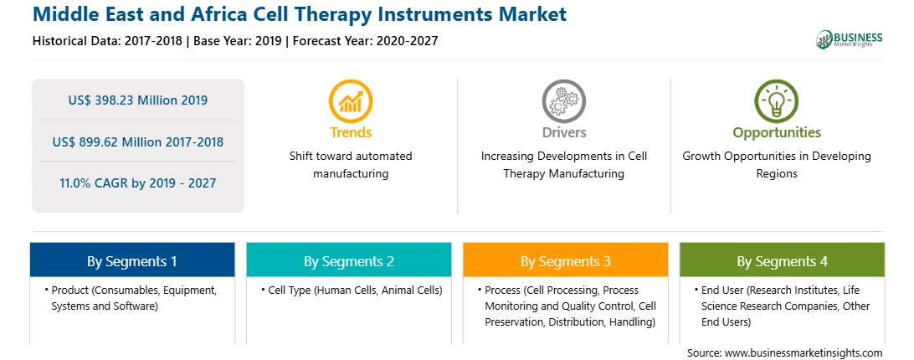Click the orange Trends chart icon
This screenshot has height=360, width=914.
pyautogui.click(x=351, y=101)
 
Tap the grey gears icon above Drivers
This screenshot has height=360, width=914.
pyautogui.click(x=563, y=101)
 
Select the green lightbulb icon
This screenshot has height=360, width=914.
pyautogui.click(x=777, y=101)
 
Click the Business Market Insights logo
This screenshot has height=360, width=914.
pyautogui.click(x=850, y=39)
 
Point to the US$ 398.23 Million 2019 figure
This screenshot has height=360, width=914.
pyautogui.click(x=138, y=100)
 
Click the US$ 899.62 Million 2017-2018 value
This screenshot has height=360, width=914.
pyautogui.click(x=138, y=141)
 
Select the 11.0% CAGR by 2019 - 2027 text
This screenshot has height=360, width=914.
pyautogui.click(x=138, y=183)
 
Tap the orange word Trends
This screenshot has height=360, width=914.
pyautogui.click(x=351, y=132)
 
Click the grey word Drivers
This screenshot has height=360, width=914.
pyautogui.click(x=563, y=132)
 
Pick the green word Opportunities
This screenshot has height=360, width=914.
pyautogui.click(x=777, y=132)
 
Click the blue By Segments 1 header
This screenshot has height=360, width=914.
pyautogui.click(x=132, y=260)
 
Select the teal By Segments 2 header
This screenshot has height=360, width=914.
pyautogui.click(x=348, y=260)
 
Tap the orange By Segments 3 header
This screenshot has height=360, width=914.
pyautogui.click(x=566, y=260)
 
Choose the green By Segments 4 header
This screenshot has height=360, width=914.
pyautogui.click(x=783, y=260)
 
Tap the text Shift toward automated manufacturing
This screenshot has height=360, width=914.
pyautogui.click(x=351, y=165)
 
